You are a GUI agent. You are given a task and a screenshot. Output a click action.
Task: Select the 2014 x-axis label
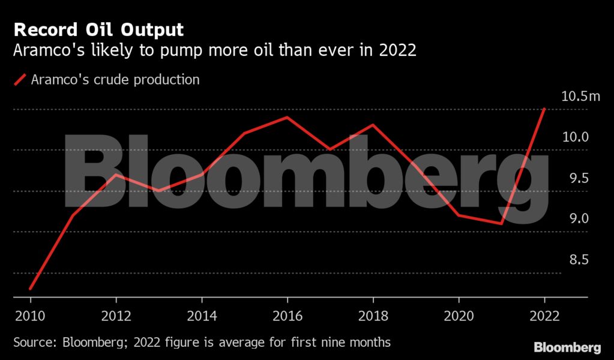click(202, 316)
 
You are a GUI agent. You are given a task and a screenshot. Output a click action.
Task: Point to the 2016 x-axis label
click(287, 316)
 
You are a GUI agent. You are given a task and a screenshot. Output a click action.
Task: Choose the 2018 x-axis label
click(373, 316)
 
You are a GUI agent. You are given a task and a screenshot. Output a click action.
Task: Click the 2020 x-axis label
click(459, 316)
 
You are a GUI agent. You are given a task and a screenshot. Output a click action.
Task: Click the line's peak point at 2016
click(287, 117)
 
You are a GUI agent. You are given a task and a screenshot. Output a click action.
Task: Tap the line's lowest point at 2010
click(30, 289)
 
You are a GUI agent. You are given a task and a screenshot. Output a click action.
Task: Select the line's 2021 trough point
click(501, 224)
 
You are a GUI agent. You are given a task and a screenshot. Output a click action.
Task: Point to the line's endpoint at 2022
click(544, 109)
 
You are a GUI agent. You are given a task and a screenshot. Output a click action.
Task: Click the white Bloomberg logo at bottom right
click(567, 347)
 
